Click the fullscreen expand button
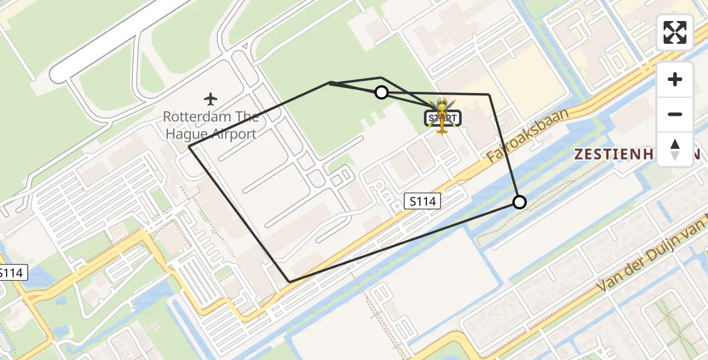pyautogui.click(x=675, y=32)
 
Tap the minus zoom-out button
pyautogui.click(x=675, y=114)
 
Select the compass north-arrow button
pyautogui.click(x=675, y=149)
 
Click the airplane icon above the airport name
pyautogui.click(x=210, y=98)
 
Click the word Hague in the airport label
pyautogui.click(x=182, y=134)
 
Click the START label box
pyautogui.click(x=443, y=118)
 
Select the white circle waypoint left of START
pyautogui.click(x=381, y=92)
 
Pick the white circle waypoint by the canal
pyautogui.click(x=519, y=202)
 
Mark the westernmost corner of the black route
pyautogui.click(x=190, y=146)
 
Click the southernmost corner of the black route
pyautogui.click(x=290, y=281)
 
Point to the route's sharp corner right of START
pyautogui.click(x=489, y=94)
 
